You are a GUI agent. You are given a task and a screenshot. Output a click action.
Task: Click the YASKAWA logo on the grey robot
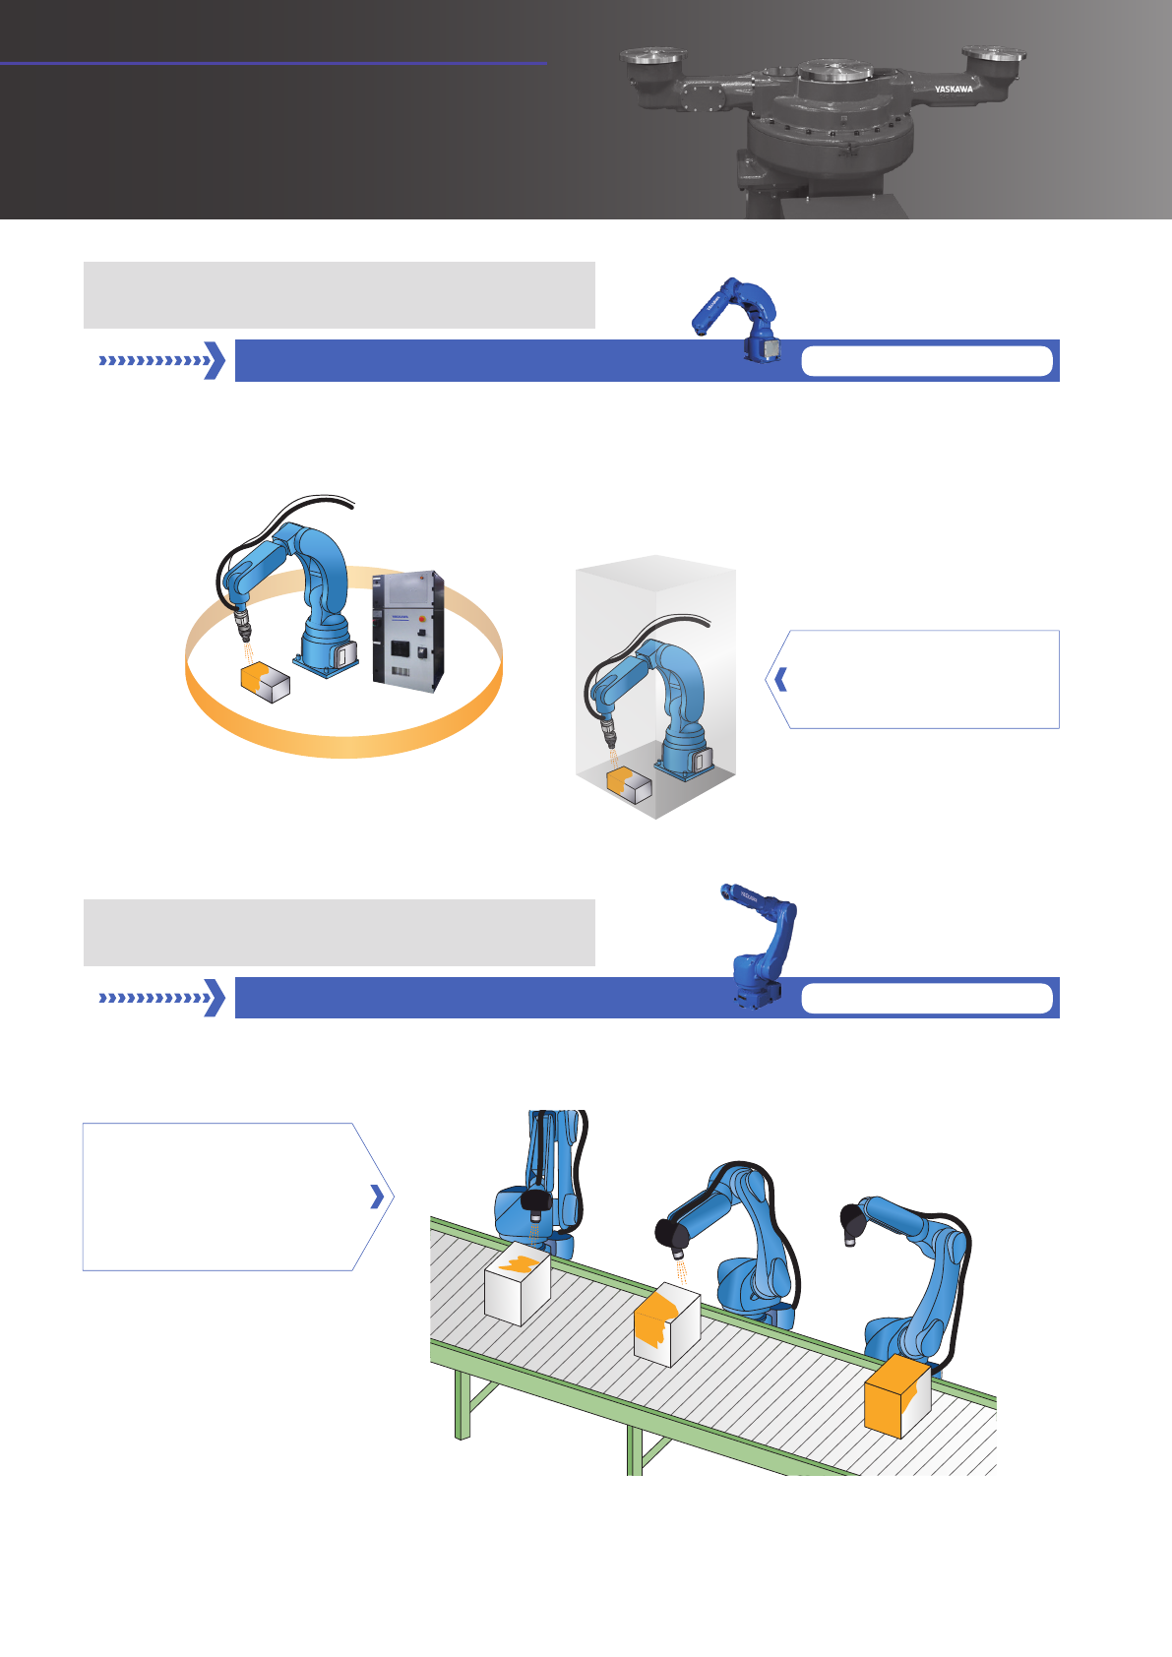pyautogui.click(x=953, y=89)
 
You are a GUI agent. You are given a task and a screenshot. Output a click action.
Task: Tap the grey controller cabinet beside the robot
pyautogui.click(x=407, y=630)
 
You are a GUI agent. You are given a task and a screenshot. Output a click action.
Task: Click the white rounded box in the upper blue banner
pyautogui.click(x=926, y=361)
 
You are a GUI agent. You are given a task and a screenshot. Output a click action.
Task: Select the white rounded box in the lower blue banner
pyautogui.click(x=926, y=999)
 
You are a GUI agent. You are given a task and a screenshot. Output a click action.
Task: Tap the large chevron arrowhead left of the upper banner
pyautogui.click(x=216, y=361)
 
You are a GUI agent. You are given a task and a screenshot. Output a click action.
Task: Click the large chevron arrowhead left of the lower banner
pyautogui.click(x=216, y=999)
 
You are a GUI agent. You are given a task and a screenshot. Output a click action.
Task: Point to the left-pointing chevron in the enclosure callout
pyautogui.click(x=781, y=679)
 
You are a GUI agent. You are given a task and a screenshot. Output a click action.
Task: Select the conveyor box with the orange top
pyautogui.click(x=517, y=1287)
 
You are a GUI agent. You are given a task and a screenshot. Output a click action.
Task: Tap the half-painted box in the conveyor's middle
pyautogui.click(x=666, y=1323)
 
